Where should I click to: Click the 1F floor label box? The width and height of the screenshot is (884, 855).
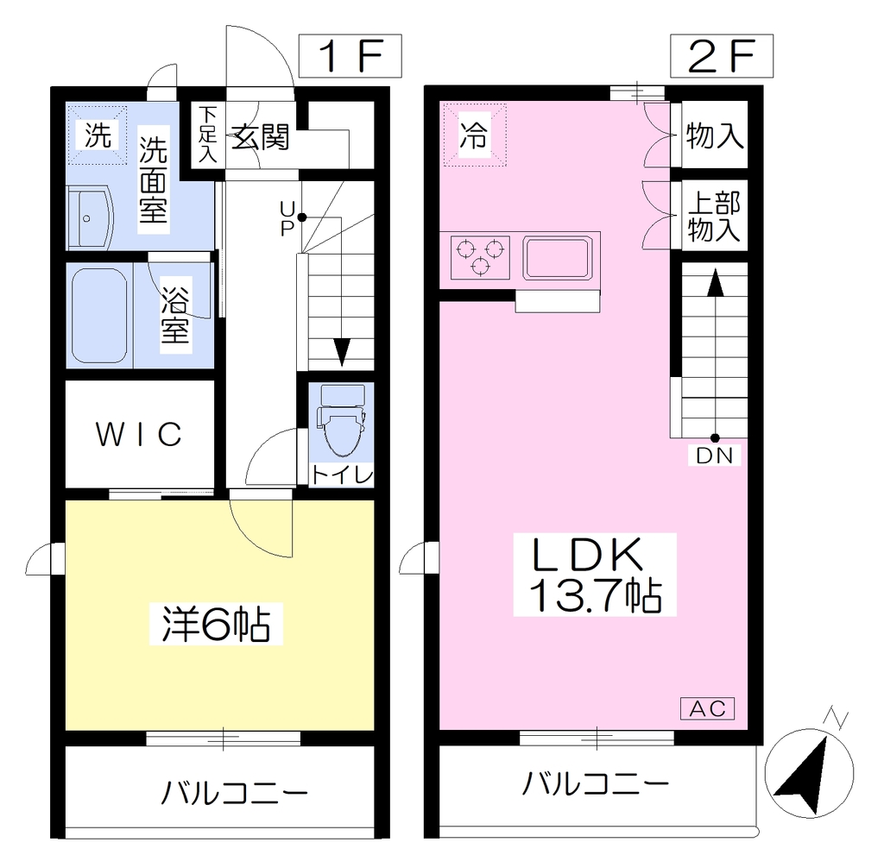pos(350,56)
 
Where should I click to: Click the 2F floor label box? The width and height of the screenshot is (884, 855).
pos(721,56)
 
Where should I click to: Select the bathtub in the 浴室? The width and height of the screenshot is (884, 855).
pos(99,316)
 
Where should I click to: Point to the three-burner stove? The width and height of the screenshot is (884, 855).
pos(480,258)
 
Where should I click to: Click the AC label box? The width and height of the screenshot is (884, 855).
pos(708,708)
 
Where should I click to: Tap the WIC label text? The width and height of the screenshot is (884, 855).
pos(139,434)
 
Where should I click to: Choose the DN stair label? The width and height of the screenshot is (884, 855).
pos(714,456)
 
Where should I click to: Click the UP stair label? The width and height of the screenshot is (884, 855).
pos(287,218)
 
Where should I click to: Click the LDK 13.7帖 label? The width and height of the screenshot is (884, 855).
pos(595,575)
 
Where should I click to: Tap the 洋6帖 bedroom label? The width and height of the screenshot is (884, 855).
pos(216,624)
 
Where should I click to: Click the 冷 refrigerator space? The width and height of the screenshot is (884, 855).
pos(475,135)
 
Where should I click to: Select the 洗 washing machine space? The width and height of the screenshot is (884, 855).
pos(98,135)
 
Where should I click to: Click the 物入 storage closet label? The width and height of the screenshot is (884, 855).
pos(714,135)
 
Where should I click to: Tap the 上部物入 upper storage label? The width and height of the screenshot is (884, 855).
pos(714,217)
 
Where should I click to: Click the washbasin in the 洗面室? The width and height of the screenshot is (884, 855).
pos(90,218)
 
